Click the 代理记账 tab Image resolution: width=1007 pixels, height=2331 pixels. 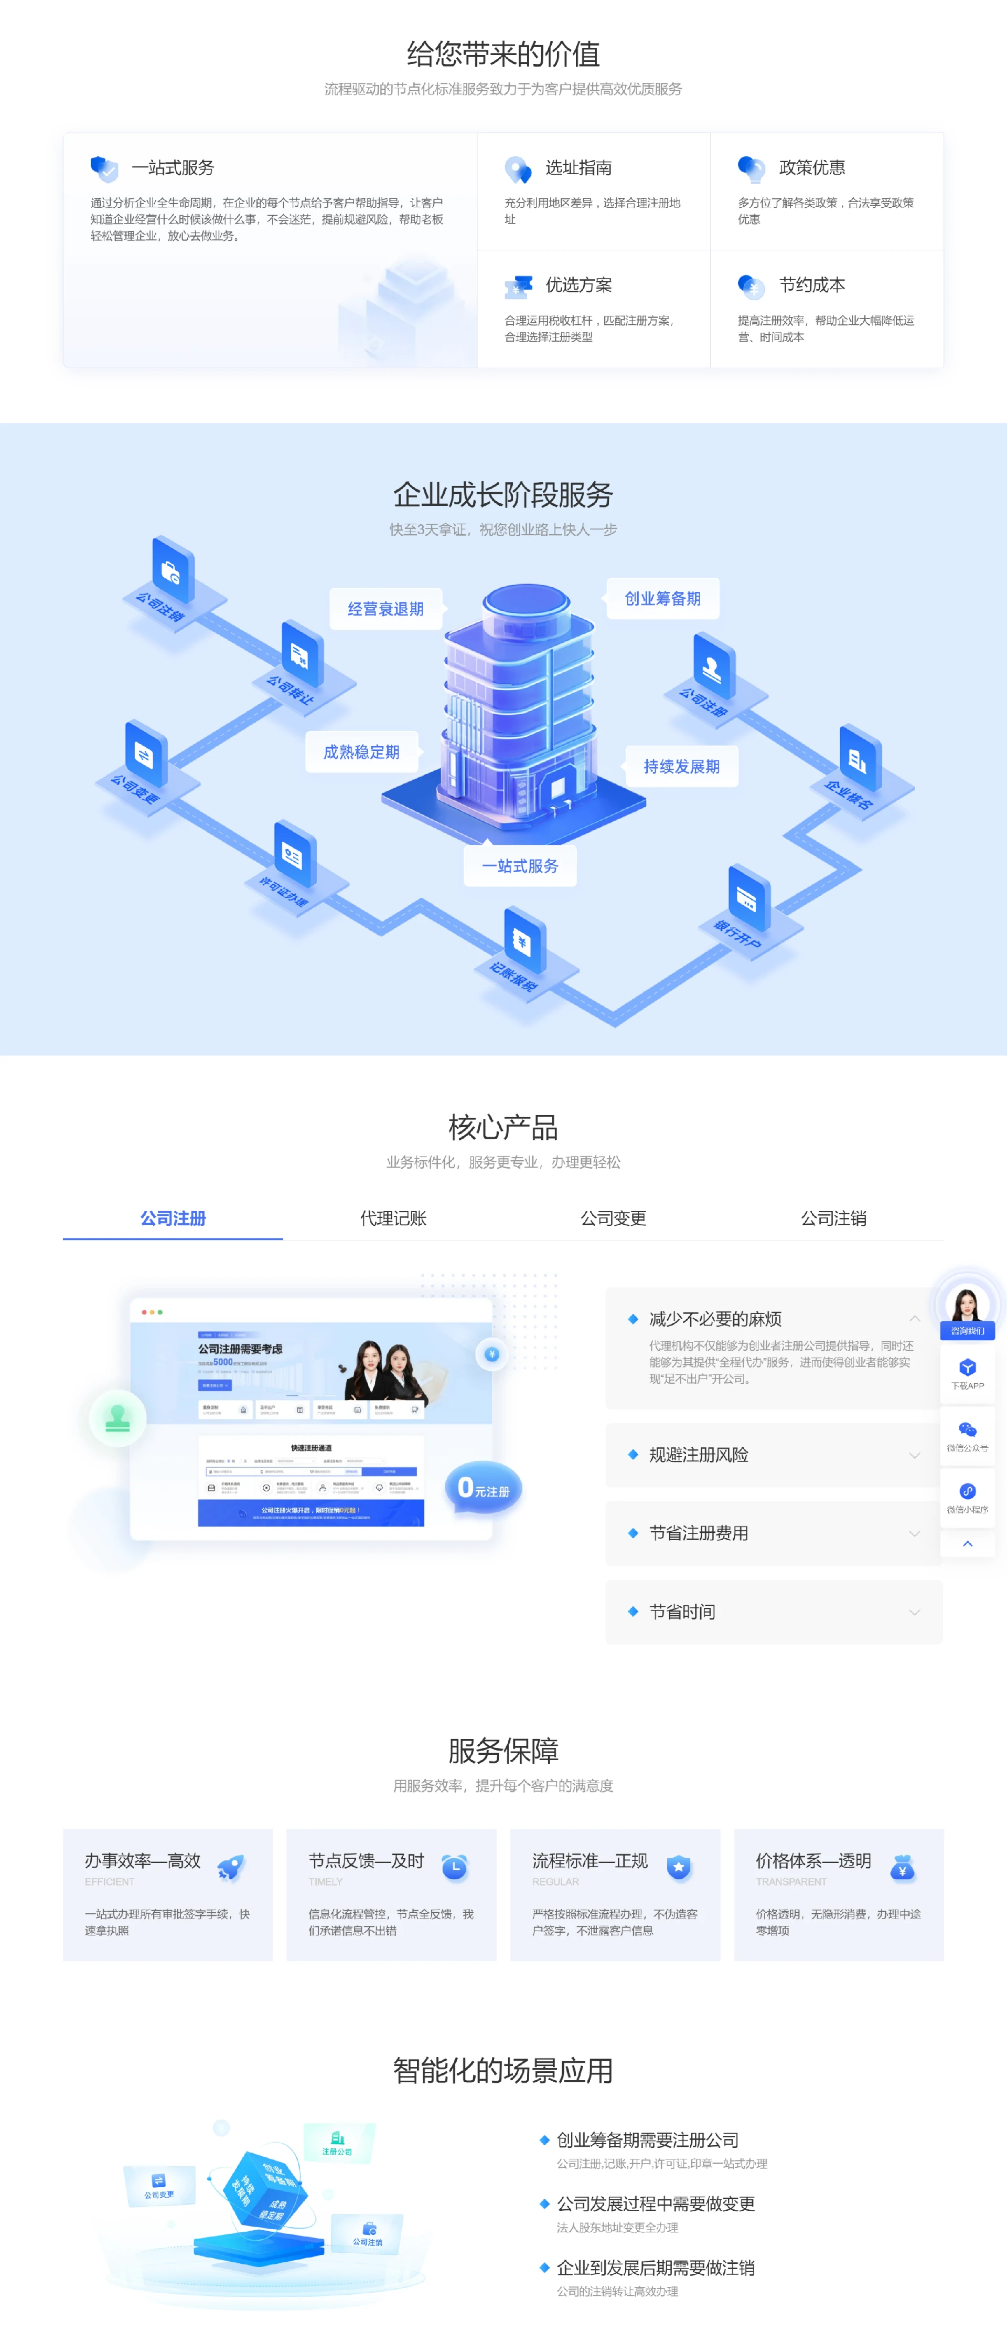tap(393, 1218)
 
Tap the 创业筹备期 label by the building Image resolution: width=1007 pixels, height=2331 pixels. tap(662, 598)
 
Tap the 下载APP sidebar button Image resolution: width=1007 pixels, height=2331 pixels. tap(967, 1373)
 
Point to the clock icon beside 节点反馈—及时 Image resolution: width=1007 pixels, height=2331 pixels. tap(454, 1867)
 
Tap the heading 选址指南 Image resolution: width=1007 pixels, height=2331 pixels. tap(578, 167)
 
